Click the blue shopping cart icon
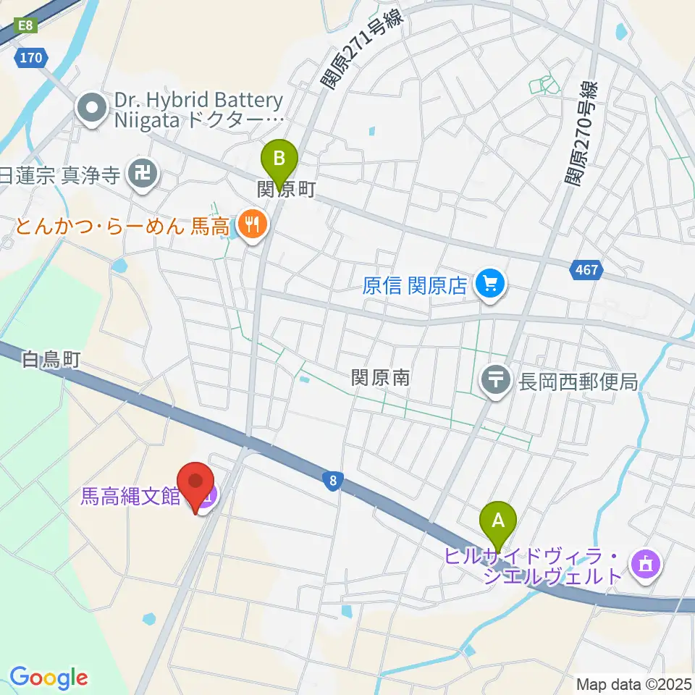(x=491, y=283)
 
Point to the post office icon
(x=496, y=380)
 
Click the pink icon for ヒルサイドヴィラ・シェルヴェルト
(x=645, y=564)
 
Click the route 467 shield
(x=587, y=270)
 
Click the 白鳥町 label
(x=50, y=360)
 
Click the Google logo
(x=49, y=678)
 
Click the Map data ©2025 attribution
(x=633, y=683)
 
